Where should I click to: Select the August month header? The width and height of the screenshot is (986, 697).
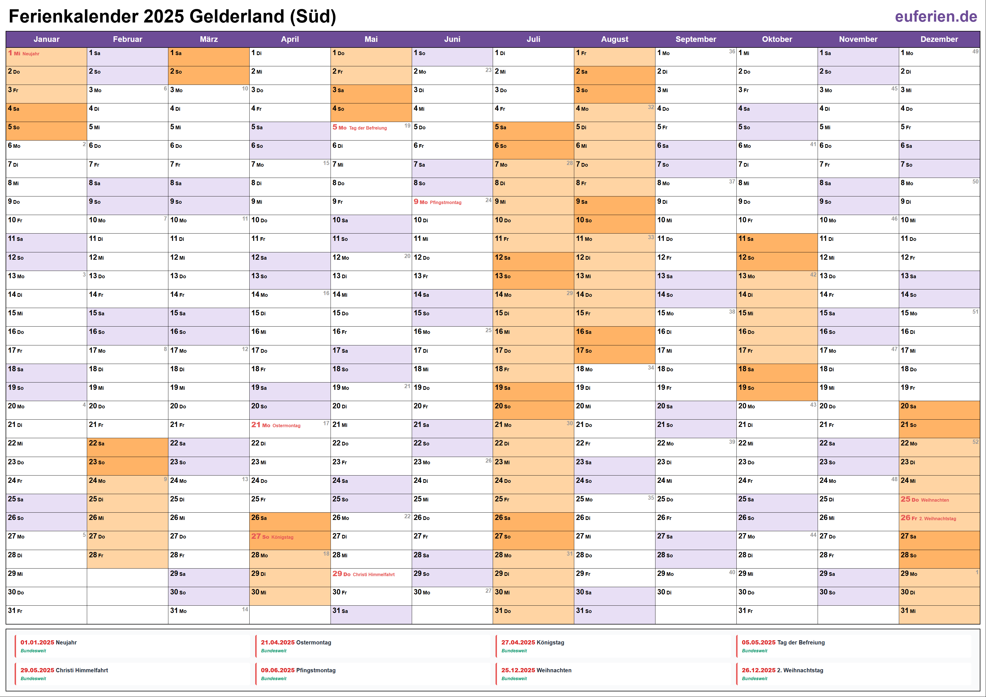(x=614, y=39)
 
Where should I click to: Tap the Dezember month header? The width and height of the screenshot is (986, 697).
(x=939, y=39)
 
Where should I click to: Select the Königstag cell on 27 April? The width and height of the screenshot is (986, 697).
(x=290, y=537)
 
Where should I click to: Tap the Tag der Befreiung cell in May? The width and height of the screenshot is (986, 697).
(x=371, y=128)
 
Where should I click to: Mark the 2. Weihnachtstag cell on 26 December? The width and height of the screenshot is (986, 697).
(x=939, y=518)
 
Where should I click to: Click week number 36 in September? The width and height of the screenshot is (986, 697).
(x=732, y=51)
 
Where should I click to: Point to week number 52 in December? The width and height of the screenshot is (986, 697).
(x=975, y=442)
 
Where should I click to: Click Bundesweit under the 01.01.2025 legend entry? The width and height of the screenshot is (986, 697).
(x=33, y=651)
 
